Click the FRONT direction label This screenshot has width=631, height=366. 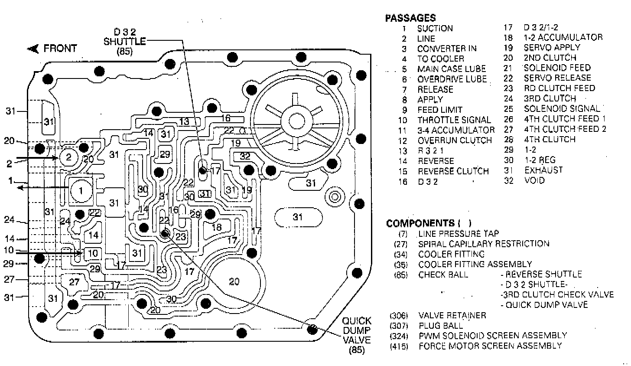tap(60, 48)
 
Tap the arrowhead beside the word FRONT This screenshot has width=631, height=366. tap(33, 49)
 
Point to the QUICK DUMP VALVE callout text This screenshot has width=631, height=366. tap(357, 335)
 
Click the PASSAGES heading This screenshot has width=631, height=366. tap(410, 18)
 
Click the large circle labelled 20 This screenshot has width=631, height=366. tap(234, 282)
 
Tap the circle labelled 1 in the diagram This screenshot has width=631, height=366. tap(81, 190)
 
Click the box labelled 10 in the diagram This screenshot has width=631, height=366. tap(93, 253)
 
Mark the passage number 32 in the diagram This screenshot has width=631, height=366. tap(245, 156)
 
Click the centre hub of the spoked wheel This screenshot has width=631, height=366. tap(297, 120)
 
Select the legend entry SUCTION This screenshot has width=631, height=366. tap(435, 29)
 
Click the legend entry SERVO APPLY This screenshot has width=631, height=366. tap(552, 47)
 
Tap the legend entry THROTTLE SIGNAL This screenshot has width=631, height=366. tap(454, 120)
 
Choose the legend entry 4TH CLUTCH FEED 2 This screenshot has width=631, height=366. tap(565, 129)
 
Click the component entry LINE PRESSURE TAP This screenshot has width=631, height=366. tap(458, 234)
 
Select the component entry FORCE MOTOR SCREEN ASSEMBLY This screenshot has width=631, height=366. tap(490, 346)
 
